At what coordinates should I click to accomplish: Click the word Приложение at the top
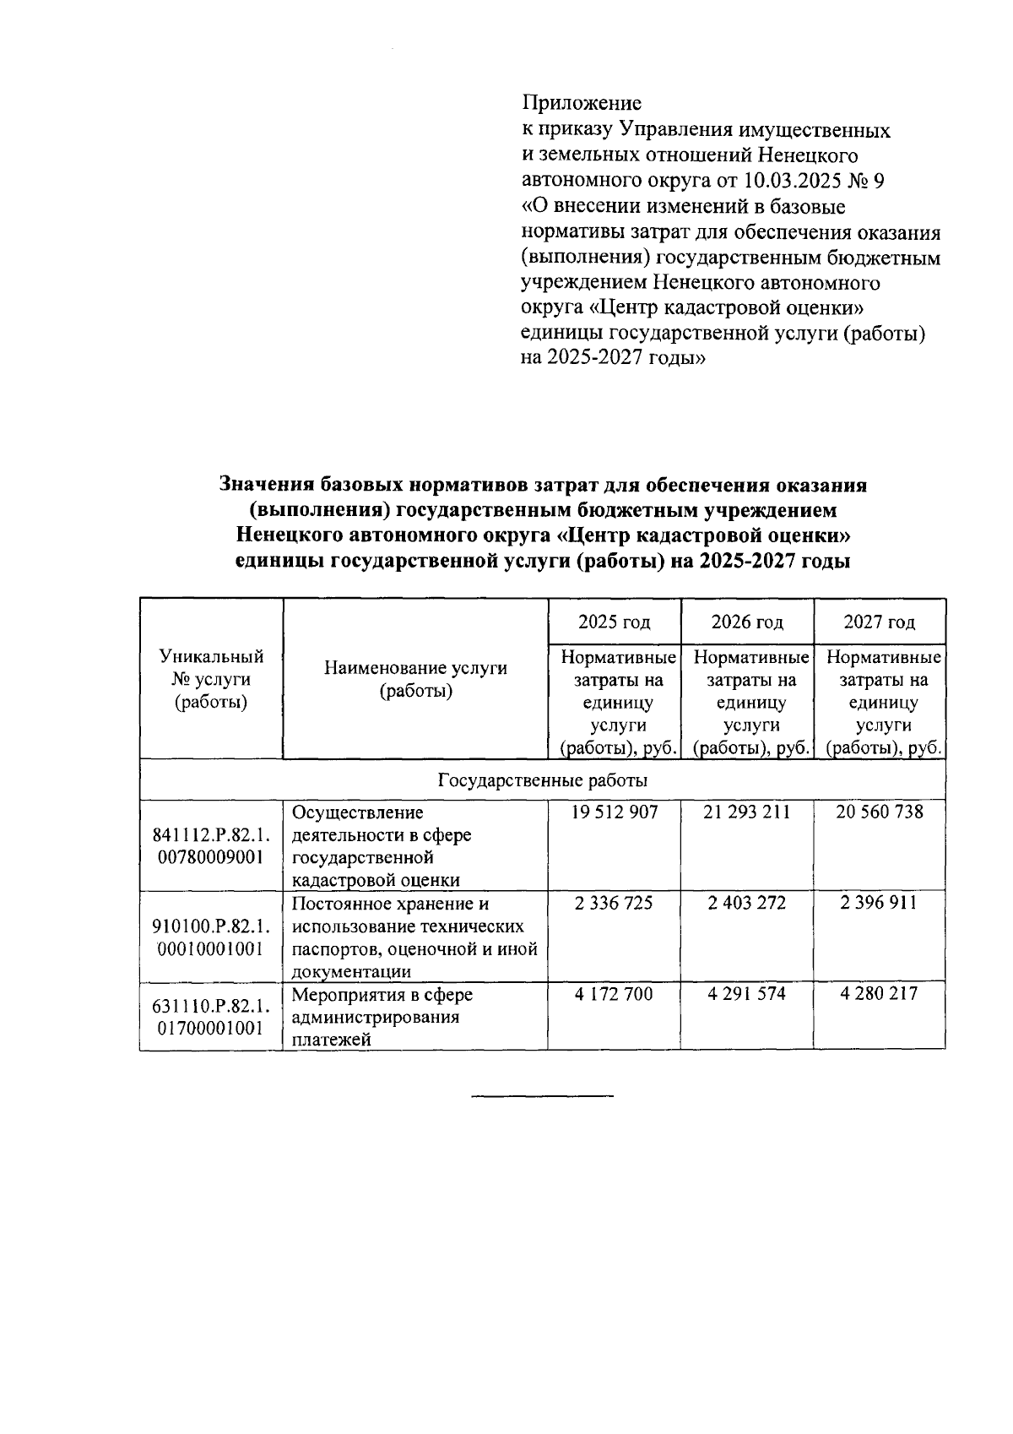581,104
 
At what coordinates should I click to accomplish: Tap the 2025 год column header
614,622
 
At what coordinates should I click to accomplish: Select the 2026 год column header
747,622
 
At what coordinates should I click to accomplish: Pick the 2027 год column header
879,622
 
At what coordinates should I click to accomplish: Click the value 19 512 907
614,812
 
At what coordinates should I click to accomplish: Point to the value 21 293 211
747,812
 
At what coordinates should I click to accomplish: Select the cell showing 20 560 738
879,812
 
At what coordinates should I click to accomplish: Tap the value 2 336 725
614,904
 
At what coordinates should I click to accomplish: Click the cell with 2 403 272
747,904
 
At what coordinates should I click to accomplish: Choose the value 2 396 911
879,904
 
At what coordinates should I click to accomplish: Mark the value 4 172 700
614,994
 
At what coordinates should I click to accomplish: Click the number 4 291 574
747,994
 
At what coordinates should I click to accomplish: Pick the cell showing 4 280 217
879,994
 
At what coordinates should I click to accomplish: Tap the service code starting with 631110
211,1017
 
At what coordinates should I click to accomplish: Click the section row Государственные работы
542,780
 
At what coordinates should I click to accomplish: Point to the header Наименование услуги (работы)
415,680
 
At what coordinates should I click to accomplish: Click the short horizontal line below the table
542,1096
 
